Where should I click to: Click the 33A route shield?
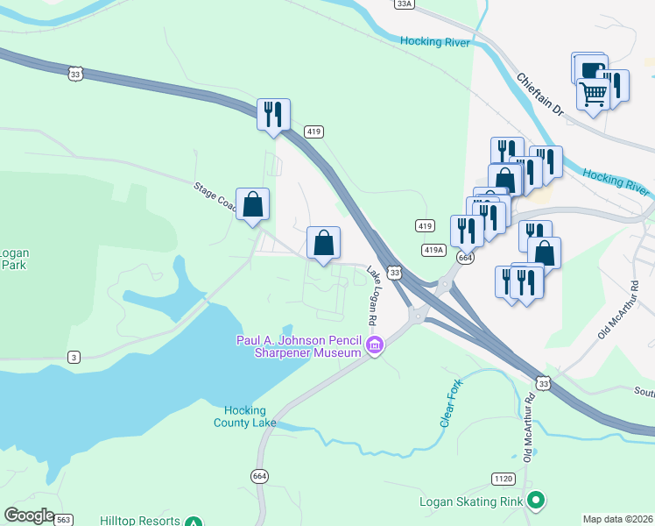point(403,4)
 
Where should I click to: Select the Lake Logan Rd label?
point(376,292)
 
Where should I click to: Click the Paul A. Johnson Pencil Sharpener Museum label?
point(299,346)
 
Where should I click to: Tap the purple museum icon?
point(374,346)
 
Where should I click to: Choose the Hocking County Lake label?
point(244,416)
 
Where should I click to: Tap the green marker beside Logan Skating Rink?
point(536,501)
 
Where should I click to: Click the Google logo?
point(28,515)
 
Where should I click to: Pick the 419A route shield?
point(433,250)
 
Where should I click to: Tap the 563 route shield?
point(63,520)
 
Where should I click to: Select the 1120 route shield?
point(502,479)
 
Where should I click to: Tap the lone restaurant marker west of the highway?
point(273,114)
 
